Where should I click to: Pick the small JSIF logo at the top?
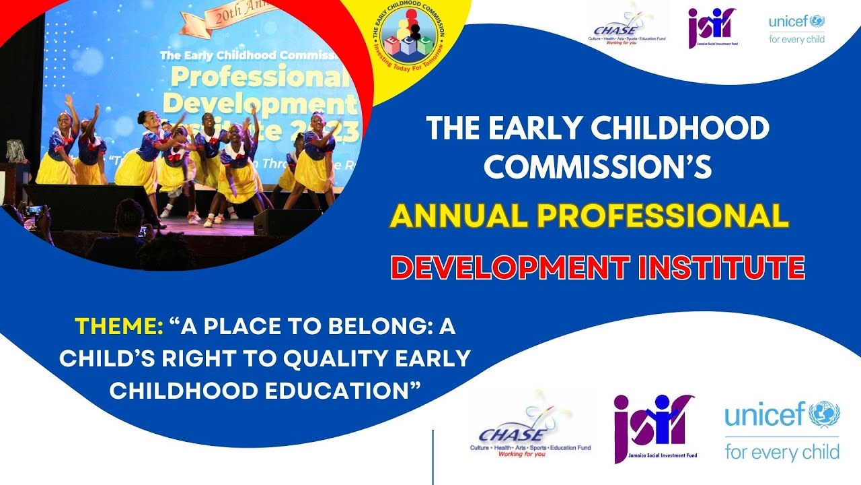[711, 27]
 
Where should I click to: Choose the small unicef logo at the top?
[797, 22]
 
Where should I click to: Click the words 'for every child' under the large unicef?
[782, 449]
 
